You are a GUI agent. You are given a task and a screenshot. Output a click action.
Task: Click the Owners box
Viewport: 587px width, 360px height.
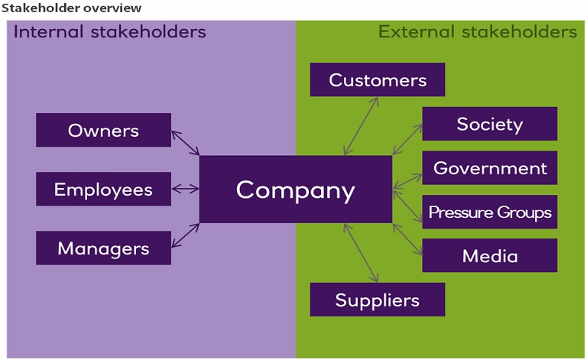tap(103, 130)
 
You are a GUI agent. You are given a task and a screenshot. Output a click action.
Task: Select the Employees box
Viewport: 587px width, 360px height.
tap(103, 189)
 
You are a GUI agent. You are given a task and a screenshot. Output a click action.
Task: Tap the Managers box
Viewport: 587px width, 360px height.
tap(103, 248)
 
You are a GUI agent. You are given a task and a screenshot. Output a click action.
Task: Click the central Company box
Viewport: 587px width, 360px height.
tap(295, 190)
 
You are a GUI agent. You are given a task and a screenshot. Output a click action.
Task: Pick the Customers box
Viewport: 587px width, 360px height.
tap(378, 79)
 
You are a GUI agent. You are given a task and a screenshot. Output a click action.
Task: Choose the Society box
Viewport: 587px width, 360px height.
tap(489, 124)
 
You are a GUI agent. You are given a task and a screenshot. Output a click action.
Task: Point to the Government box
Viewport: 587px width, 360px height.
tap(489, 168)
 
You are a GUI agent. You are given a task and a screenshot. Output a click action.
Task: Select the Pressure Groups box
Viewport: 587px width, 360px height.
tap(489, 212)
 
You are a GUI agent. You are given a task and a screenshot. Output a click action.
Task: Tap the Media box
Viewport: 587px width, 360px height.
tap(489, 255)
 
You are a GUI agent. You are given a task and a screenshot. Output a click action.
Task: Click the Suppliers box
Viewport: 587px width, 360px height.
tap(378, 300)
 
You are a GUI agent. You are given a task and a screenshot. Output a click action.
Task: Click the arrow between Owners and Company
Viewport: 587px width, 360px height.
tap(186, 143)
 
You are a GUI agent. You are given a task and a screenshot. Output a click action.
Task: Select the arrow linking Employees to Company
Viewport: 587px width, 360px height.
tap(186, 189)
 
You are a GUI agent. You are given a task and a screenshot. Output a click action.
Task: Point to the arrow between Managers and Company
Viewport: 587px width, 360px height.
tap(186, 235)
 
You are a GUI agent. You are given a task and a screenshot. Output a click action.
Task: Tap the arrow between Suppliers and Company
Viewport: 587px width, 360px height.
tap(361, 253)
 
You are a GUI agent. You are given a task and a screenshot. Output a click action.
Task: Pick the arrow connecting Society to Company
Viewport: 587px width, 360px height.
tap(407, 140)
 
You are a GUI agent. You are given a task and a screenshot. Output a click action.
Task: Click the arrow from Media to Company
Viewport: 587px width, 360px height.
tap(407, 236)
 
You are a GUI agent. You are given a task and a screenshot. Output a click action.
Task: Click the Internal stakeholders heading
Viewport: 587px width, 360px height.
tap(110, 32)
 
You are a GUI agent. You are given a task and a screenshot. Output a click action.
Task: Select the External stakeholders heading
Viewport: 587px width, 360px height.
tap(478, 32)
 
